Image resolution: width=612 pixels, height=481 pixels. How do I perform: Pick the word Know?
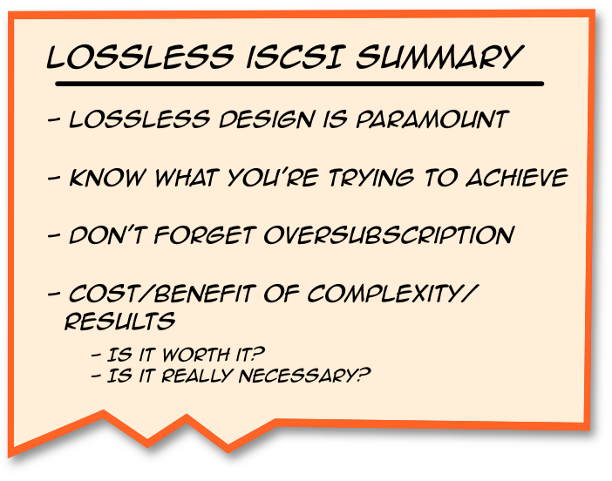[105, 178]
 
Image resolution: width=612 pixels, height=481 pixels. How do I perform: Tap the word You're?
[276, 178]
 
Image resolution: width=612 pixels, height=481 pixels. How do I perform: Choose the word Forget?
[211, 236]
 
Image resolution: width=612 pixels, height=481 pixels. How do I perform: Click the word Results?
[119, 322]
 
